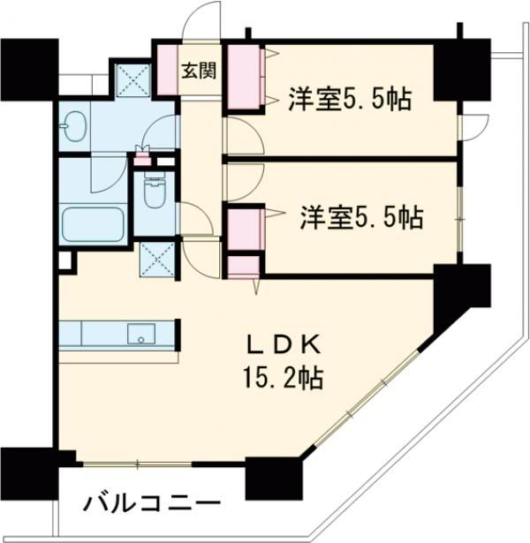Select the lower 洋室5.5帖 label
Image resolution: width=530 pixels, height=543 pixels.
pyautogui.click(x=360, y=215)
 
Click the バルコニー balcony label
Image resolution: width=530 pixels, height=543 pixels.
pyautogui.click(x=151, y=504)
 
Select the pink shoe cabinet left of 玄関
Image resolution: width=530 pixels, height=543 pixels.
pyautogui.click(x=167, y=72)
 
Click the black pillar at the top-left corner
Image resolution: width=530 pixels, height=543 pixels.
pyautogui.click(x=28, y=69)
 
